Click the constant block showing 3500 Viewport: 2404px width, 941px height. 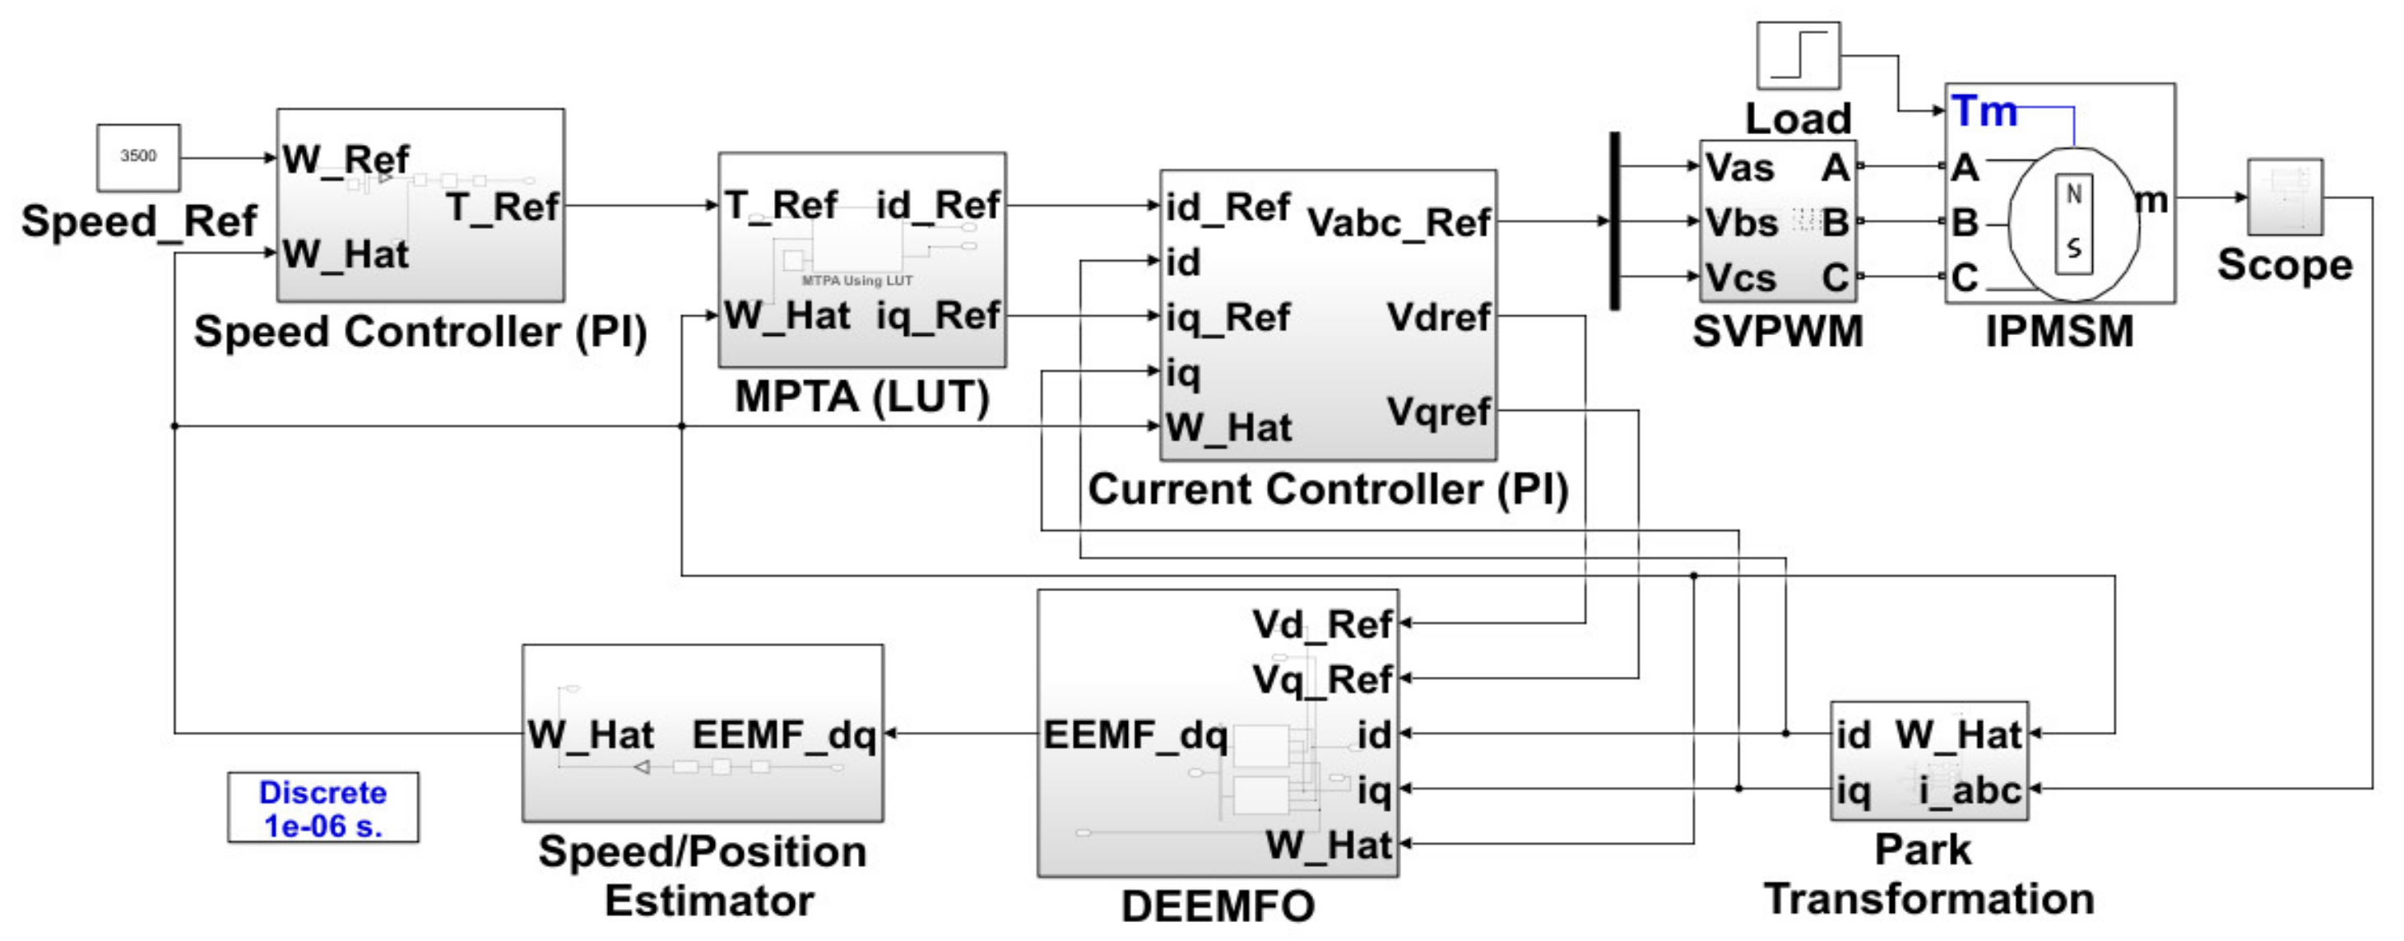tap(138, 156)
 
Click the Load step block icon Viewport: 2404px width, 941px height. tap(1798, 56)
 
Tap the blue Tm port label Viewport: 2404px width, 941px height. tap(1984, 111)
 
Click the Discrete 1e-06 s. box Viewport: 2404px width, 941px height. tap(323, 808)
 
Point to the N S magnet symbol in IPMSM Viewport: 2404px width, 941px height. tap(2073, 223)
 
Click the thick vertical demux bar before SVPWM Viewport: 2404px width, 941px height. tap(1614, 221)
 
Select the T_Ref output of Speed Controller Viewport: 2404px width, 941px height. tap(502, 207)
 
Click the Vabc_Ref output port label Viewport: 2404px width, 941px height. tap(1398, 223)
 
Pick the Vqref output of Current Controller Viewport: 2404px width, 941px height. tap(1438, 412)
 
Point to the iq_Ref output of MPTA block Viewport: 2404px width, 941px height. tap(937, 315)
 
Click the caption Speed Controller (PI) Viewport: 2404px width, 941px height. tap(420, 333)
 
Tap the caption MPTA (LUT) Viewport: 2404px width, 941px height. tap(861, 397)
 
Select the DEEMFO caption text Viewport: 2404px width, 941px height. tap(1217, 906)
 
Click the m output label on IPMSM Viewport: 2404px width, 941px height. tap(2151, 200)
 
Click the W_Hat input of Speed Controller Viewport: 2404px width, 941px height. tap(346, 254)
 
